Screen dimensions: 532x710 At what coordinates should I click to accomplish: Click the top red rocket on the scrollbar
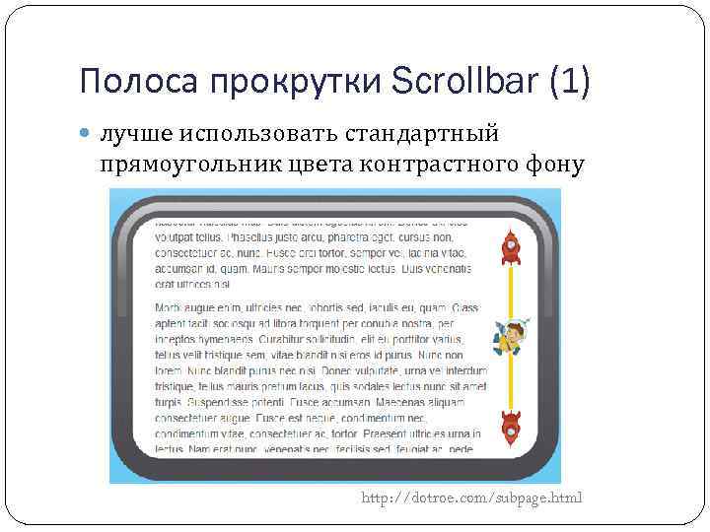[x=510, y=247]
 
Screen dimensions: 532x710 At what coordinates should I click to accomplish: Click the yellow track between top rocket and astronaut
[x=511, y=291]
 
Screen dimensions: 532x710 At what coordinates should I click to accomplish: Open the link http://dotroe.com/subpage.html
[x=471, y=498]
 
